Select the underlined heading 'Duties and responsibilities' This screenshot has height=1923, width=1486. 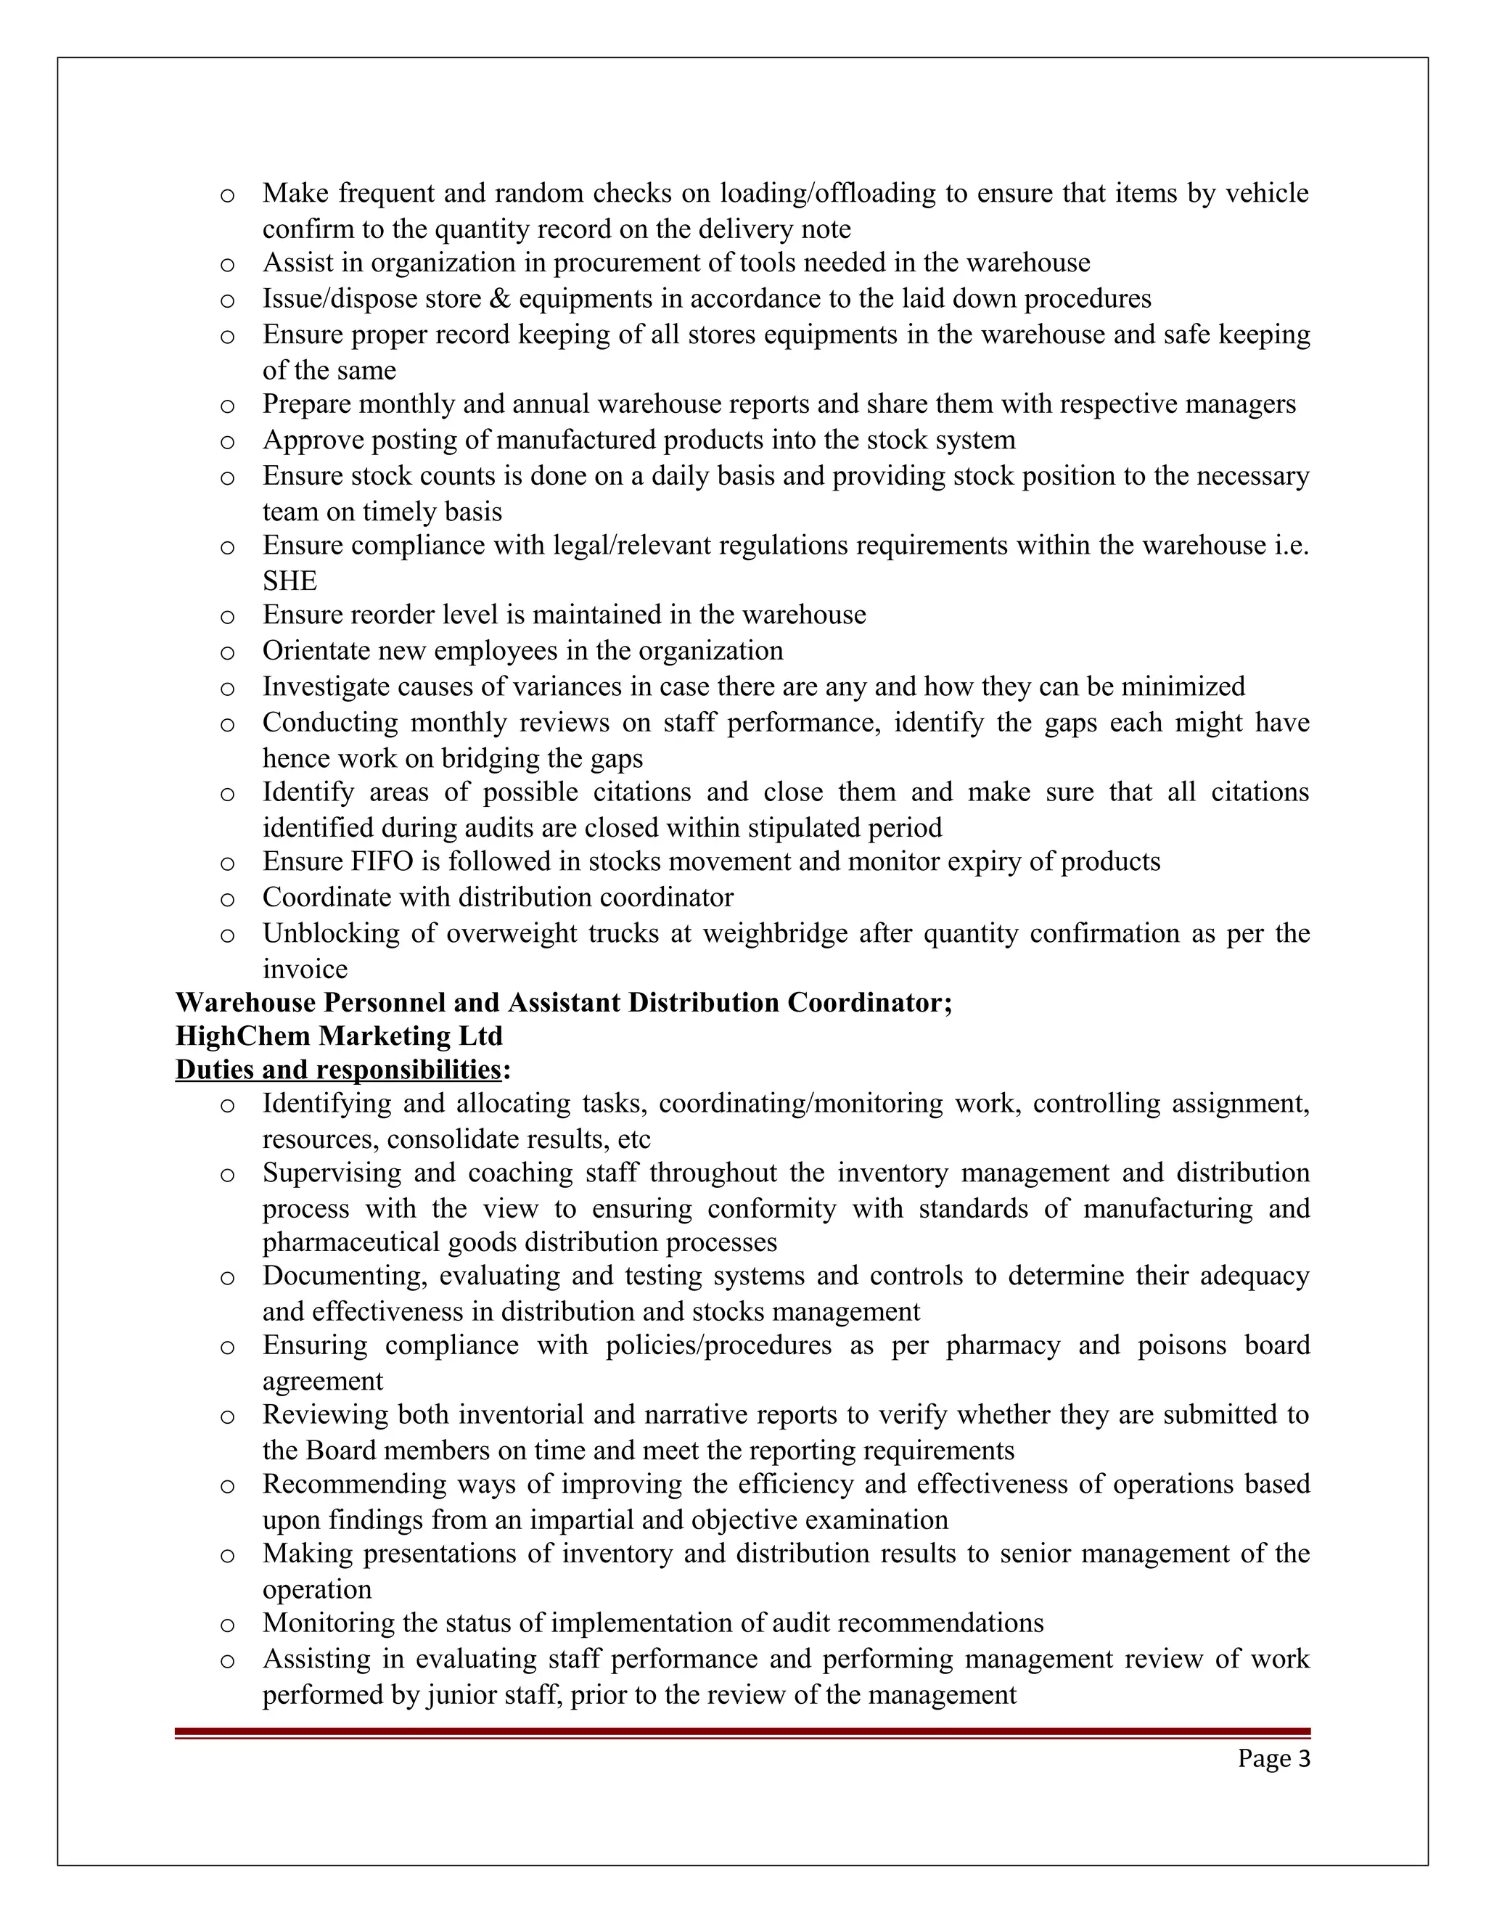pyautogui.click(x=338, y=1070)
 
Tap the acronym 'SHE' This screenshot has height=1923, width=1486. pyautogui.click(x=290, y=581)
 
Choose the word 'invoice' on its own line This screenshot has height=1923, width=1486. pyautogui.click(x=305, y=969)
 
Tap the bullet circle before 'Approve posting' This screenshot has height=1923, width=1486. pyautogui.click(x=227, y=442)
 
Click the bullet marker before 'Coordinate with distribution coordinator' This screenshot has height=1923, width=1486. pyautogui.click(x=227, y=900)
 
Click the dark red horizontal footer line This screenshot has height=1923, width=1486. pyautogui.click(x=742, y=1732)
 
